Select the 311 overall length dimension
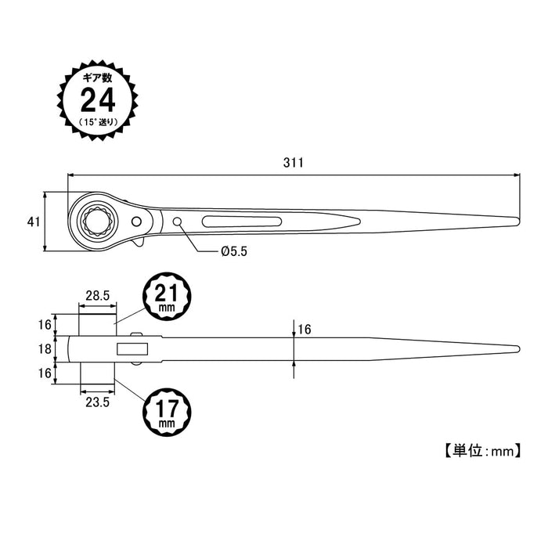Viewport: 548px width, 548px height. [293, 163]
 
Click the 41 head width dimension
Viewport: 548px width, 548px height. [33, 222]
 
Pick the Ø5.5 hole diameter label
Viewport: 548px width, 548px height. [234, 251]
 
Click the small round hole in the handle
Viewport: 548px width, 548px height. [178, 222]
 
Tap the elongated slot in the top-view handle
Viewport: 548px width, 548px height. [243, 222]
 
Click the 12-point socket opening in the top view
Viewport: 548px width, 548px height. [97, 220]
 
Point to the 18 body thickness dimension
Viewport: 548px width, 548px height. [45, 349]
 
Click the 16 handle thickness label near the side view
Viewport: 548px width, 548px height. [305, 330]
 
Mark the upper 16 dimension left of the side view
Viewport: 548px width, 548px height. [45, 324]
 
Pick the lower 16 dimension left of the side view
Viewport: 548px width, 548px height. [45, 373]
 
